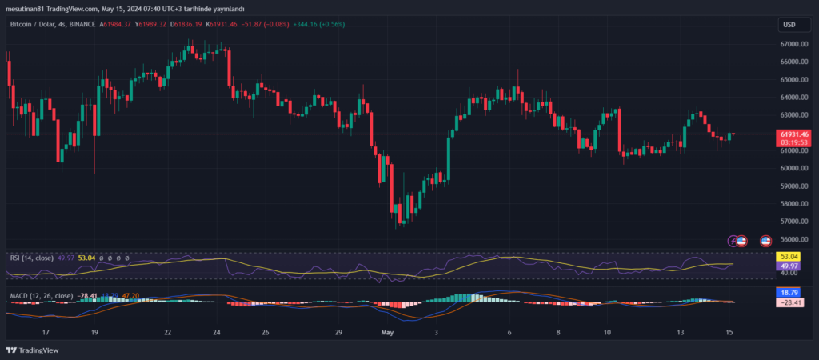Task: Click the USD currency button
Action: pyautogui.click(x=789, y=24)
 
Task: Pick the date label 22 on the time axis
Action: pyautogui.click(x=167, y=331)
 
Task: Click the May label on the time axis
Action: pyautogui.click(x=388, y=331)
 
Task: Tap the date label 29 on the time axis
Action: pyautogui.click(x=339, y=331)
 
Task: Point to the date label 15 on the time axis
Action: pyautogui.click(x=729, y=331)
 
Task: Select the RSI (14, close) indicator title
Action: pyautogui.click(x=32, y=258)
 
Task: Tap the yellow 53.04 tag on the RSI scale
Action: pyautogui.click(x=789, y=256)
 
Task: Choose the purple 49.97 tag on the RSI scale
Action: pyautogui.click(x=789, y=266)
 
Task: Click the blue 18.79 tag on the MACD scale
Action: pyautogui.click(x=789, y=294)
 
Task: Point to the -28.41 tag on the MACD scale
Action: pyautogui.click(x=789, y=303)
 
